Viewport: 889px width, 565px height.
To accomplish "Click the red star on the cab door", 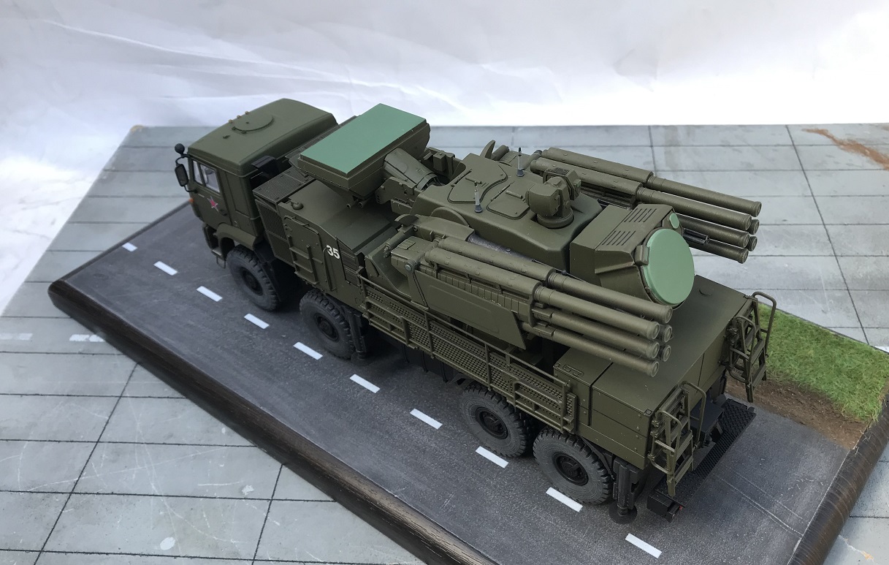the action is (x=213, y=205).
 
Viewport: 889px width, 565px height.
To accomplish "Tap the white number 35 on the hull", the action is (x=333, y=252).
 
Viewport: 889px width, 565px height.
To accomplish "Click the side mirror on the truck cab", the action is (x=182, y=175).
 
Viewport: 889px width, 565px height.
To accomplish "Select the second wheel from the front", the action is (x=327, y=325).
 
